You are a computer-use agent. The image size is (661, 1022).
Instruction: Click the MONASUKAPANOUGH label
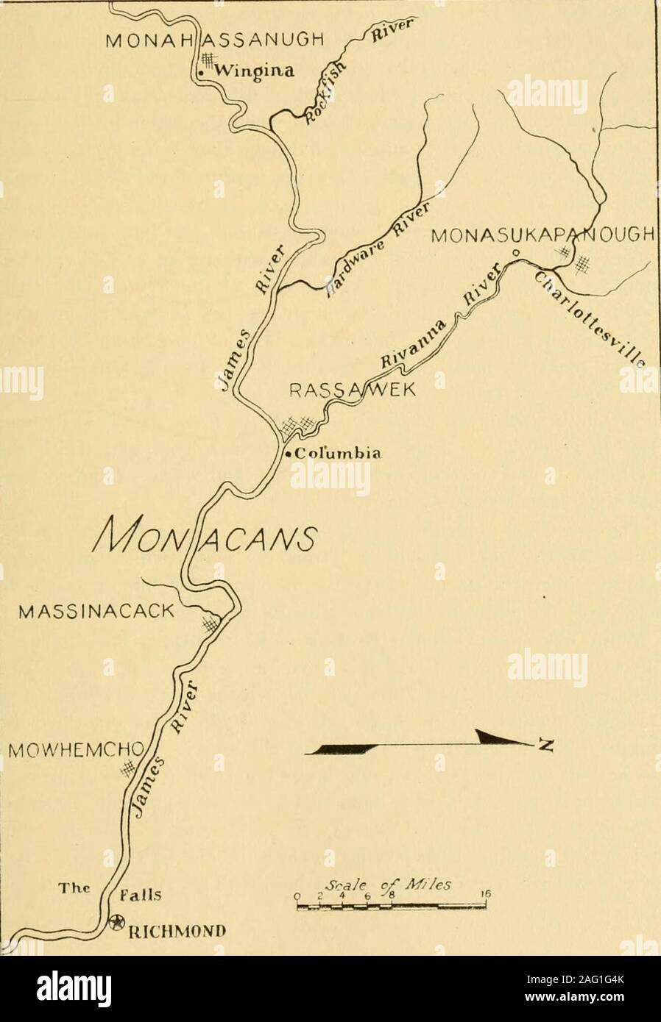coord(542,236)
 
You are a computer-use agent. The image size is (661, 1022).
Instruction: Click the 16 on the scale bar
coord(485,894)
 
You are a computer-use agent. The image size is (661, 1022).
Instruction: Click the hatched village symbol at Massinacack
coord(211,624)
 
